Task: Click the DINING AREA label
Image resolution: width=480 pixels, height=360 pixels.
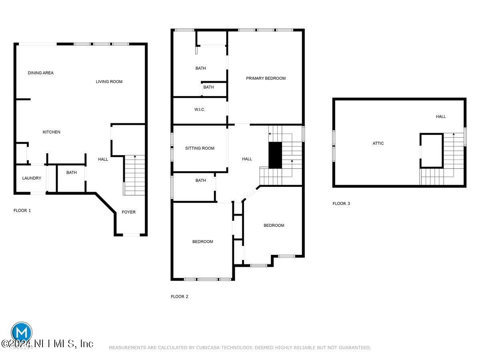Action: pos(40,73)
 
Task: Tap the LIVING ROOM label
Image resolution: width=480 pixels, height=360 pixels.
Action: pos(109,82)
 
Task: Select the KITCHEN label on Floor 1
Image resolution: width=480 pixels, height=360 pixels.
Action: pos(52,132)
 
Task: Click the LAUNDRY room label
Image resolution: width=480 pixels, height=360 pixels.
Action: pos(32,178)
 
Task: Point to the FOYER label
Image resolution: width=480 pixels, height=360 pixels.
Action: pos(128,212)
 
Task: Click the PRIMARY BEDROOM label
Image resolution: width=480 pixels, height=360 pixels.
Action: pos(266,78)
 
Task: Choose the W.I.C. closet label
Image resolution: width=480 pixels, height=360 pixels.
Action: pos(200,110)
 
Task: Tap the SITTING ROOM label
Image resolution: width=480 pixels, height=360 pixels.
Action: pos(200,148)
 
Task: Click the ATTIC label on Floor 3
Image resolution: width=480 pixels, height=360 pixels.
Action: pos(378,143)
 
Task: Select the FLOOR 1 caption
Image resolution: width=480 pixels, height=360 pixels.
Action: pos(22,210)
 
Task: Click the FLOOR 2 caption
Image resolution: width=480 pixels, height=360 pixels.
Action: pos(179,296)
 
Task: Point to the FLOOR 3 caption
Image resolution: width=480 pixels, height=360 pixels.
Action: pos(341,204)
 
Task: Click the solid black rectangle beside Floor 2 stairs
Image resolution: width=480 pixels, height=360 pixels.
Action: pos(275,155)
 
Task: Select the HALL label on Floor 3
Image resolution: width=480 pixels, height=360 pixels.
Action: pos(441,116)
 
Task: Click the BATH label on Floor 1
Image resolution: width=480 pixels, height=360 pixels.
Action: pos(71,172)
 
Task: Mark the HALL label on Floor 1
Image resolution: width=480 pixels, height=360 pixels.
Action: pos(103,159)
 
